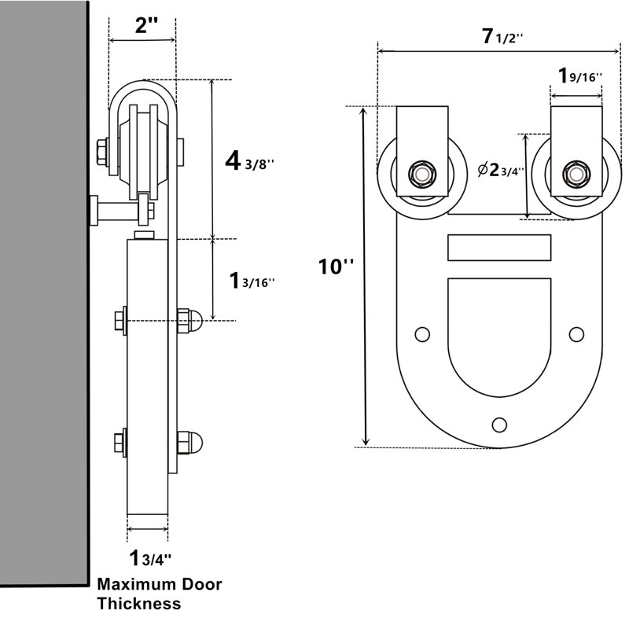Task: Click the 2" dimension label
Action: pos(146,25)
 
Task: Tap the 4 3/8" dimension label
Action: pos(249,161)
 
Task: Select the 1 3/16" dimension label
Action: pos(252,281)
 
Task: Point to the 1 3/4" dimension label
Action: pos(150,557)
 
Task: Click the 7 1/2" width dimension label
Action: pos(502,36)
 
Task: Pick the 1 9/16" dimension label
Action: pos(580,75)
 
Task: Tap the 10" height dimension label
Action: pos(337,267)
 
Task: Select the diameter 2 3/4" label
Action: pos(501,170)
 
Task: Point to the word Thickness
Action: pos(139,603)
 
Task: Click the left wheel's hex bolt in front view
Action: pos(422,174)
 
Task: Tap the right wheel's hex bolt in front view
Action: pos(576,174)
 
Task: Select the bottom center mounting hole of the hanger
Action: pos(499,425)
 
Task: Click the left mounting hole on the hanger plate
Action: pos(422,334)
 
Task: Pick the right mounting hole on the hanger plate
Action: pos(576,334)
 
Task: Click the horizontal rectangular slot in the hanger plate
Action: pos(499,248)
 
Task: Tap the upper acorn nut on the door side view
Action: pos(189,321)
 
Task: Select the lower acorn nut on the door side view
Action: pos(189,443)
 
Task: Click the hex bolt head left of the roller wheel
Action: pos(102,152)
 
